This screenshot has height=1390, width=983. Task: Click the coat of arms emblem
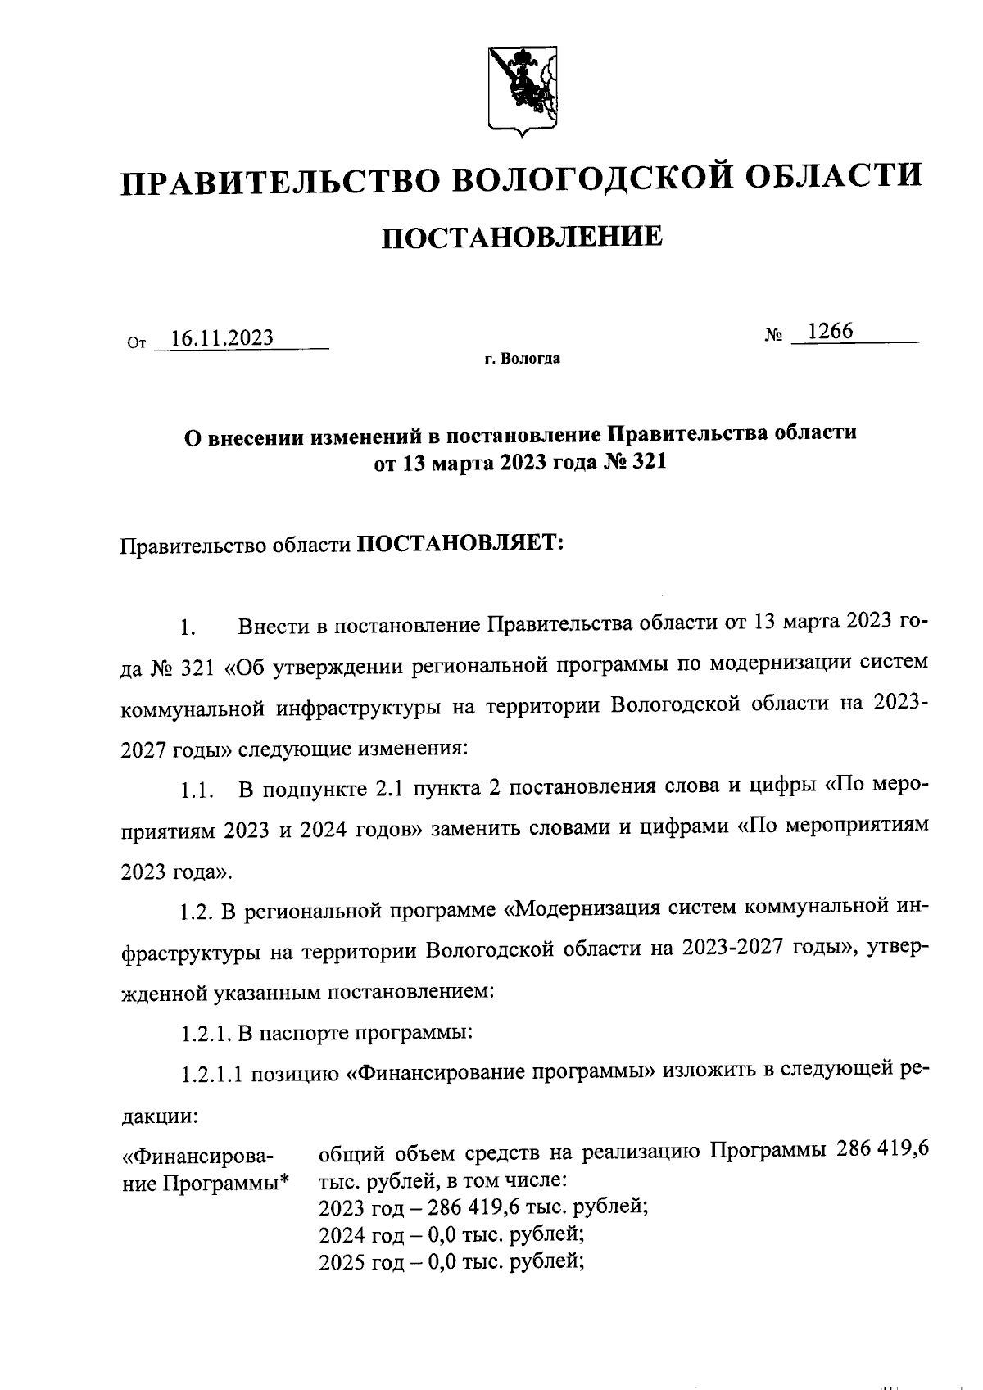point(523,89)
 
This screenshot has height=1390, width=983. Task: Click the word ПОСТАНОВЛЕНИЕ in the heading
point(523,237)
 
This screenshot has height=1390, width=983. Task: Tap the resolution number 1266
point(830,331)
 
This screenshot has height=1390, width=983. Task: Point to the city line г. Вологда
point(522,359)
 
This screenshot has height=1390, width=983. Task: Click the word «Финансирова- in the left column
point(197,1157)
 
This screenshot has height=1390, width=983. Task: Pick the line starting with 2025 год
point(450,1262)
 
